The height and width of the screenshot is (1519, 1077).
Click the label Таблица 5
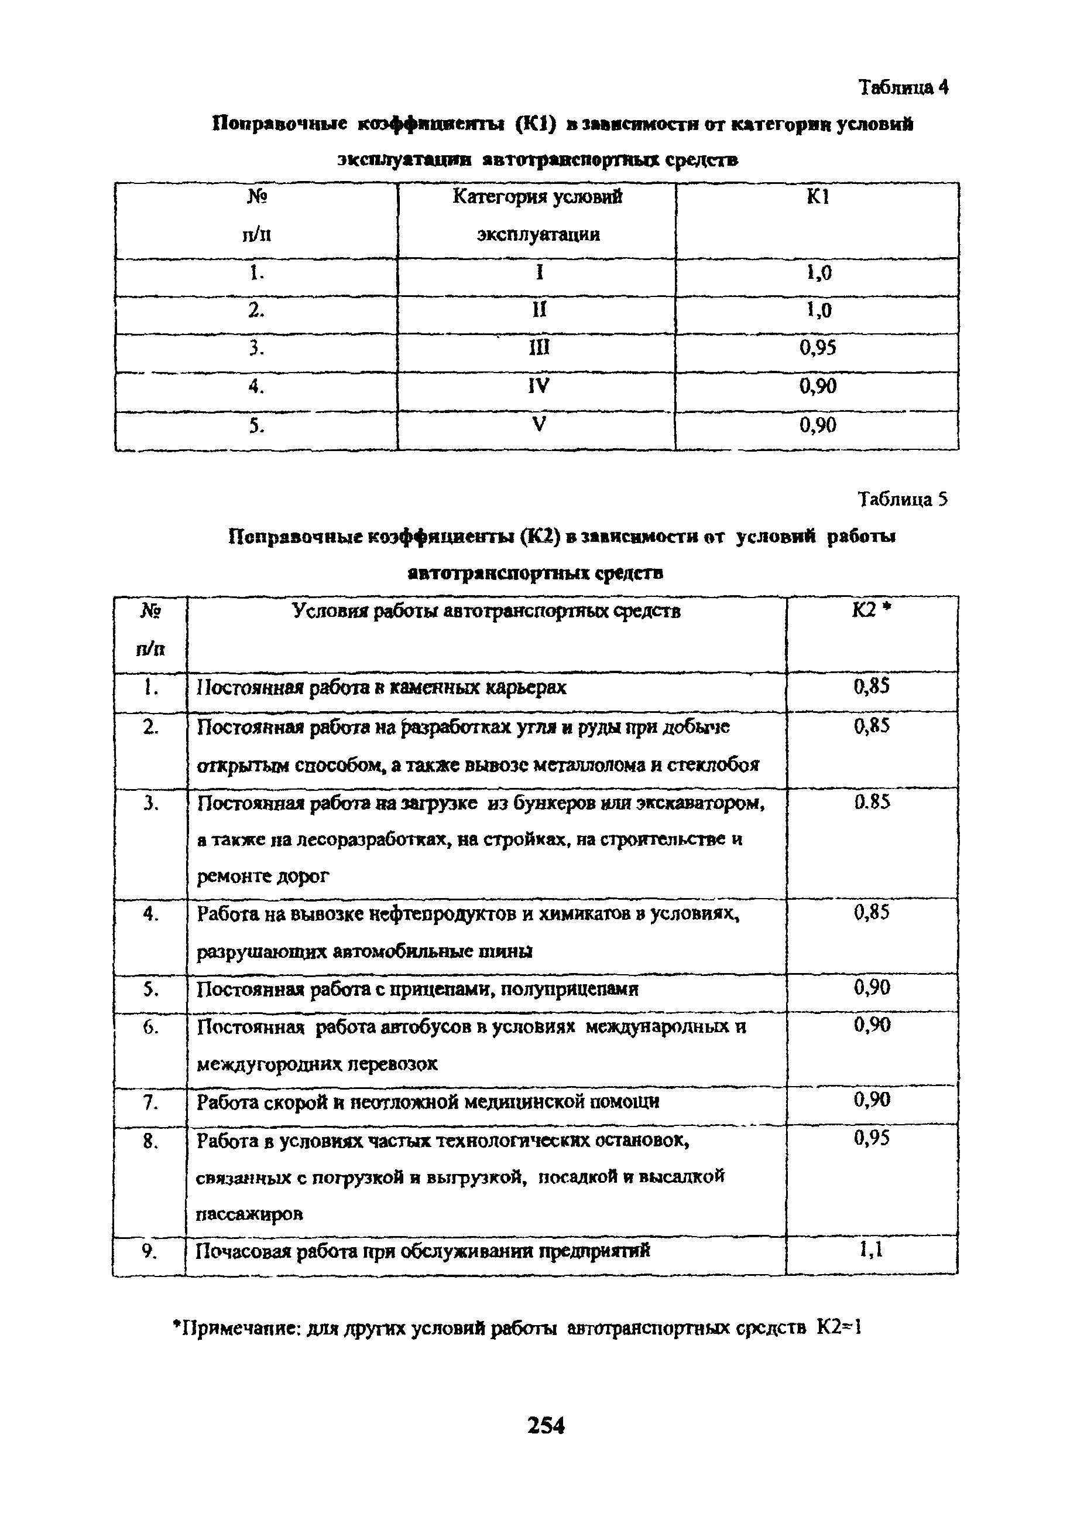point(903,499)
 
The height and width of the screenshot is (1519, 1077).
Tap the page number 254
point(546,1425)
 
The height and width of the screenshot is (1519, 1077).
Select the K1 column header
point(817,197)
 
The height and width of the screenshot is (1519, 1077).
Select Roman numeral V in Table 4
point(538,425)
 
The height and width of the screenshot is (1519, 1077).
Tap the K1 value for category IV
point(817,386)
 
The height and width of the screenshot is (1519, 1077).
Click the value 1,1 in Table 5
point(871,1250)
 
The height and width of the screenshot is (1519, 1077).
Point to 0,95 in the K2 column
point(871,1139)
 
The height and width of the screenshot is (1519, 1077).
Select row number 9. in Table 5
point(149,1251)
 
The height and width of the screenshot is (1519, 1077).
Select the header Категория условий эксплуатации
point(538,215)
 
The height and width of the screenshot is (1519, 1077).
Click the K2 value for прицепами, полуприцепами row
point(871,988)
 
